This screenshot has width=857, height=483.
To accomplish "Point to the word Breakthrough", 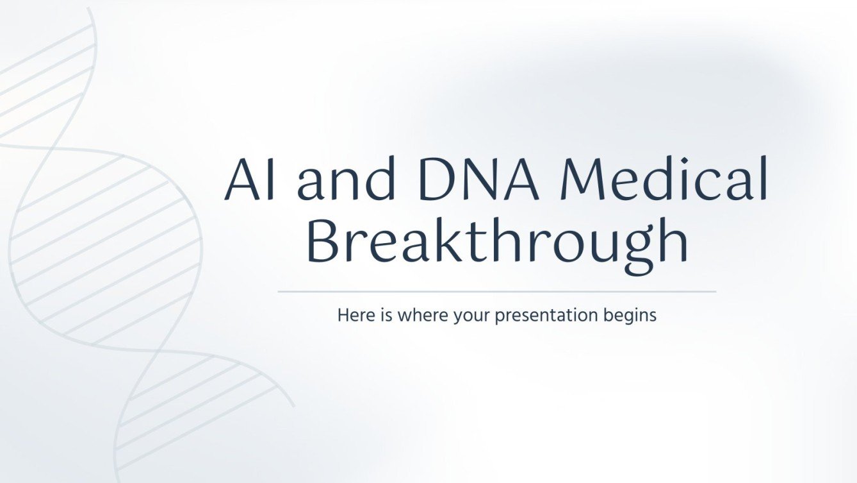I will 496,243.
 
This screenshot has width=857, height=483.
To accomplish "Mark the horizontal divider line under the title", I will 496,291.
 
